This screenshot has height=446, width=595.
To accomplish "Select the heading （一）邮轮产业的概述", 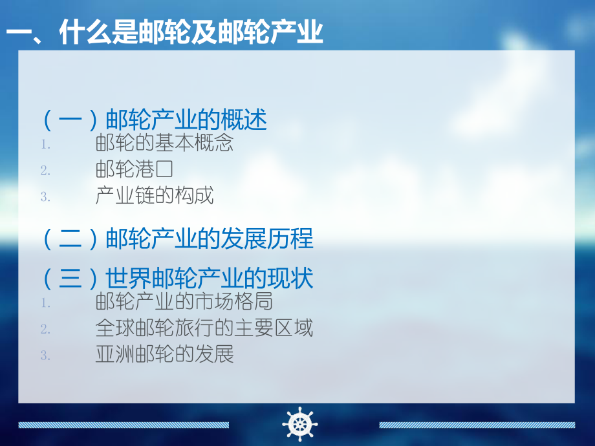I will pos(154,120).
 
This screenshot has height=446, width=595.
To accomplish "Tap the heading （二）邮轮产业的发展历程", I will pos(177,239).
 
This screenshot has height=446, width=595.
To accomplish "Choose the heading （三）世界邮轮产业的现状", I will pos(177,279).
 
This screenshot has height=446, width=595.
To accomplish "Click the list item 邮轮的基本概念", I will pos(164,143).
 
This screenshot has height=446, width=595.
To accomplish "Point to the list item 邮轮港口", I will pos(135,169).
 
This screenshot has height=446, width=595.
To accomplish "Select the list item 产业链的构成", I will pos(155,196).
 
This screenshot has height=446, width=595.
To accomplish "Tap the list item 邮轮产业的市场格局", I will pos(184,301).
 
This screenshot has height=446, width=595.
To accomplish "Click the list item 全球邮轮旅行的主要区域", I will pos(204,328).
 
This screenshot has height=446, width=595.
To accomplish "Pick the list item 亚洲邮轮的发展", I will pos(164,354).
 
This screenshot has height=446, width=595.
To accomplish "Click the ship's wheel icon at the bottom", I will pos(299,424).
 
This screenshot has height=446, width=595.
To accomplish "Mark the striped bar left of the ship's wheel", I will pos(124,425).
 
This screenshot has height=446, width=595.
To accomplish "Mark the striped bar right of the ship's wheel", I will pos(477,425).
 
